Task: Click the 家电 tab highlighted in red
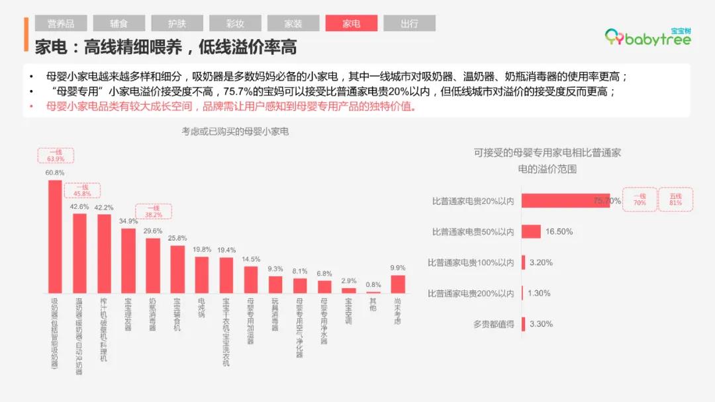coord(351,23)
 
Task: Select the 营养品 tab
coord(61,23)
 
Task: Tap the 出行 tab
coord(409,23)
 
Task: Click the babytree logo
coord(648,38)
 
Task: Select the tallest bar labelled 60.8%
coord(55,236)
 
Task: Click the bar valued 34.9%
coord(128,260)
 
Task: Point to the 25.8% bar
coord(177,269)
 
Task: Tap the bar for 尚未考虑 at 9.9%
coord(397,284)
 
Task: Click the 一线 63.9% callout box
coord(56,155)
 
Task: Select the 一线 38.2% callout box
coord(154,211)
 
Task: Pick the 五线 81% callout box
coord(675,200)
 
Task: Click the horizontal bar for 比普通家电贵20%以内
coord(565,200)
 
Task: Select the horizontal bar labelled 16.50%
coord(531,231)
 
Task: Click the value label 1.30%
coord(539,294)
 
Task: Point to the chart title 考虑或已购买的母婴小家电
coord(236,132)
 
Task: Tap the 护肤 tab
coord(177,23)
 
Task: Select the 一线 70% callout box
coord(640,200)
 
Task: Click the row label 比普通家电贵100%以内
coord(471,262)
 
